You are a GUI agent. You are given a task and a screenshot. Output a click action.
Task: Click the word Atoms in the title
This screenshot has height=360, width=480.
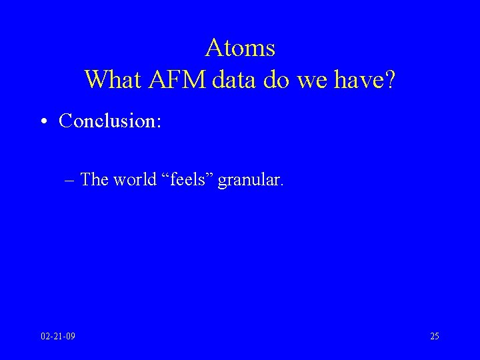point(240,48)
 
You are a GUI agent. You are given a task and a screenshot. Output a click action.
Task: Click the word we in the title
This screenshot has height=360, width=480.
point(312,80)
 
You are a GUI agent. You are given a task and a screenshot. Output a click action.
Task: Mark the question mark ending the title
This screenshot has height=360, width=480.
point(389,80)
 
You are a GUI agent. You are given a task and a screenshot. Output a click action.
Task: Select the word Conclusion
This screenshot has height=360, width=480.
point(105,121)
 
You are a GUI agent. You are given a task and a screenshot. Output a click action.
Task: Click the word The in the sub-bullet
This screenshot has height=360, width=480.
point(95,179)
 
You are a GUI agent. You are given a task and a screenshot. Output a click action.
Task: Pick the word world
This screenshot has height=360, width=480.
point(135,179)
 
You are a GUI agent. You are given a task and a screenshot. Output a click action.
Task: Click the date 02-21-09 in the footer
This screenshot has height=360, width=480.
point(57,336)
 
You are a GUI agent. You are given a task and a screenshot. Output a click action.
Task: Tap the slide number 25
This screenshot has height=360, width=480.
point(434,336)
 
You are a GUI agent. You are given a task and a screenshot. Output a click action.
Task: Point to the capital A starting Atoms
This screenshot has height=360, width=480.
point(214,48)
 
